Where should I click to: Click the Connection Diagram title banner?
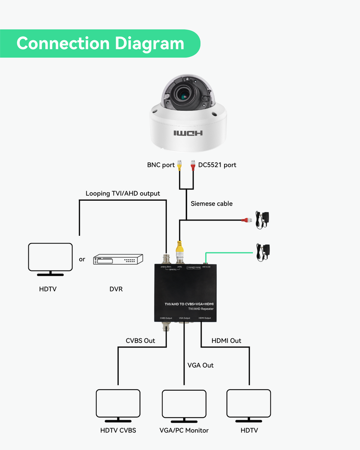(100, 44)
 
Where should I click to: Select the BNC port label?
(161, 165)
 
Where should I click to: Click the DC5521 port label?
(217, 165)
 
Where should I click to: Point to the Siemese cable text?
(211, 203)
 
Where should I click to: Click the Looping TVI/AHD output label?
(123, 193)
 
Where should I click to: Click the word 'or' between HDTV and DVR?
(82, 259)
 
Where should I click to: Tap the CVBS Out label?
(140, 341)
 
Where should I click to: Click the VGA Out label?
(201, 365)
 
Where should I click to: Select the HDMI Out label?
(226, 341)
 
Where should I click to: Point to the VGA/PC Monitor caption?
(184, 430)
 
